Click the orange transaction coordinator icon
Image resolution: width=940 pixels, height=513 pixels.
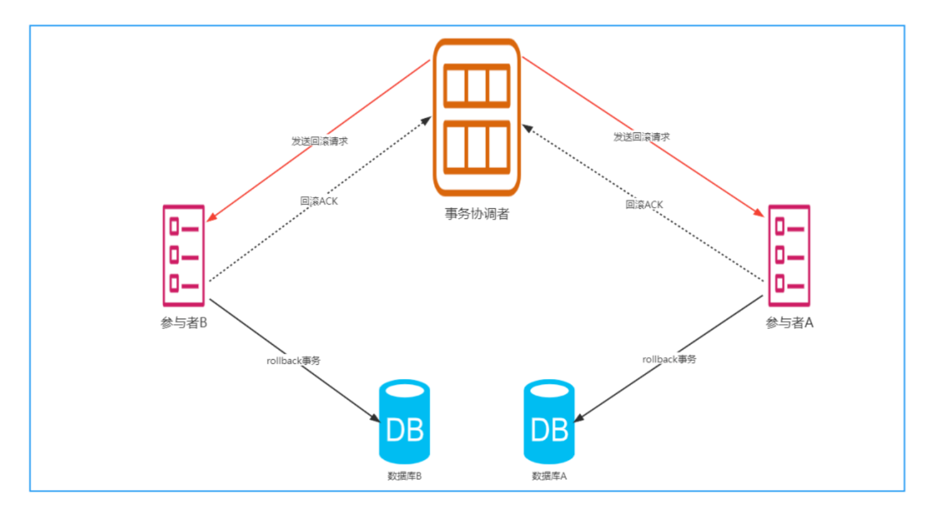point(476,117)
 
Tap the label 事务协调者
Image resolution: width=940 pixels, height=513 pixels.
point(476,214)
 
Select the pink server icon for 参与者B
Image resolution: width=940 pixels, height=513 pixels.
point(184,256)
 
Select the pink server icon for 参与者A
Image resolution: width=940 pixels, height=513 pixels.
point(789,256)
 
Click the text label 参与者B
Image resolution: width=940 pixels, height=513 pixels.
point(184,322)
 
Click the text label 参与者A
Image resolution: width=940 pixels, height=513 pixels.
point(789,322)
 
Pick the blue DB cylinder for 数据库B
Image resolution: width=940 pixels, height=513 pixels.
point(404,422)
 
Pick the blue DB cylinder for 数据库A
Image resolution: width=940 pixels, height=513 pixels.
point(549,422)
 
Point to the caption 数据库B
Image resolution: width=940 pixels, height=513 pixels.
point(404,476)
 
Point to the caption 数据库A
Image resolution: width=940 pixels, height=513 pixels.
point(549,476)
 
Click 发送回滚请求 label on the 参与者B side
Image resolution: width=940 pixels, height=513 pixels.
point(319,141)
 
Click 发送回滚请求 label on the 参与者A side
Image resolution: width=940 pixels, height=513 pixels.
point(642,137)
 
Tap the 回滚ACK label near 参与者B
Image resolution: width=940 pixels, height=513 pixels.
point(319,201)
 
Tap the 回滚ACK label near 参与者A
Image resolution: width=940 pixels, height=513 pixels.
point(644,204)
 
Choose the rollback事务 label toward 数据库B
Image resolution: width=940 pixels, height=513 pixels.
point(293,361)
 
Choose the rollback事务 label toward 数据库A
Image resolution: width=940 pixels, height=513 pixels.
point(669,359)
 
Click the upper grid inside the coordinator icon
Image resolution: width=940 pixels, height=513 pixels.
point(476,85)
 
